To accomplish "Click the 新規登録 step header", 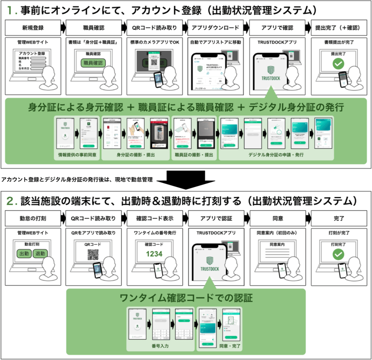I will tap(32, 28).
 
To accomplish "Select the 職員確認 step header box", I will tap(94, 28).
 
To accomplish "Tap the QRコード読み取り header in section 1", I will tap(155, 28).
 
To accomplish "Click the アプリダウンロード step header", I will tap(216, 28).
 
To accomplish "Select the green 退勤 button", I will tap(41, 254).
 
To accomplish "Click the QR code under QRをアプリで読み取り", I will tap(93, 255).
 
